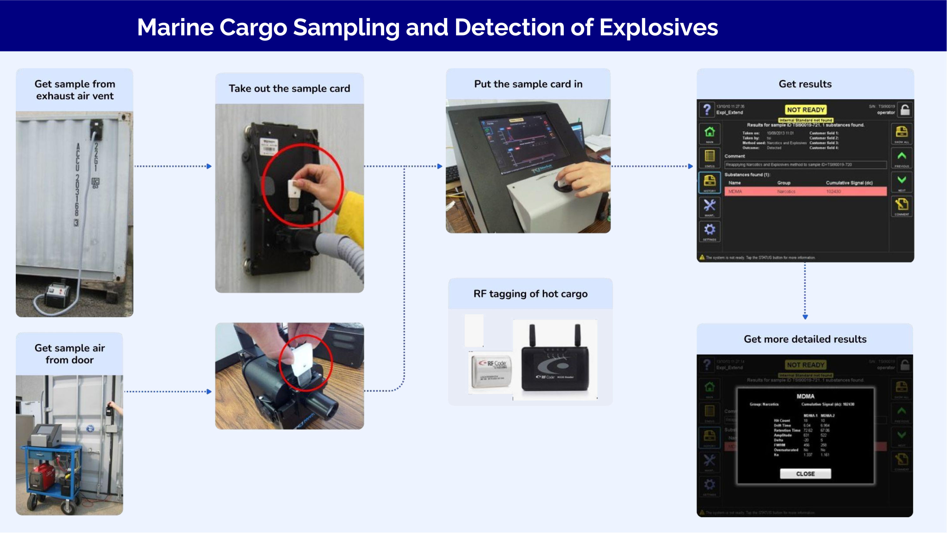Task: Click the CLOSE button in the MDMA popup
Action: pyautogui.click(x=805, y=474)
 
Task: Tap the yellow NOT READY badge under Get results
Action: pyautogui.click(x=806, y=110)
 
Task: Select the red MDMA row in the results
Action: pyautogui.click(x=805, y=191)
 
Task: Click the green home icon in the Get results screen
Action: pyautogui.click(x=710, y=132)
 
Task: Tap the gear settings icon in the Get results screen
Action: pyautogui.click(x=710, y=230)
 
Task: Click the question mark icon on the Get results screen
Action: pyautogui.click(x=706, y=109)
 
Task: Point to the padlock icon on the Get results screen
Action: pyautogui.click(x=905, y=109)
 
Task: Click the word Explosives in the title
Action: pyautogui.click(x=658, y=27)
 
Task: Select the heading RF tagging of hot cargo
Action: pyautogui.click(x=530, y=294)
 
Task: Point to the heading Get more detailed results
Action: pyautogui.click(x=805, y=339)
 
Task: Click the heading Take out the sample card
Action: pyautogui.click(x=289, y=89)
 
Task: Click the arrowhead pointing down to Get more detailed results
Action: pyautogui.click(x=805, y=316)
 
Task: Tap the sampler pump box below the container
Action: pyautogui.click(x=57, y=294)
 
